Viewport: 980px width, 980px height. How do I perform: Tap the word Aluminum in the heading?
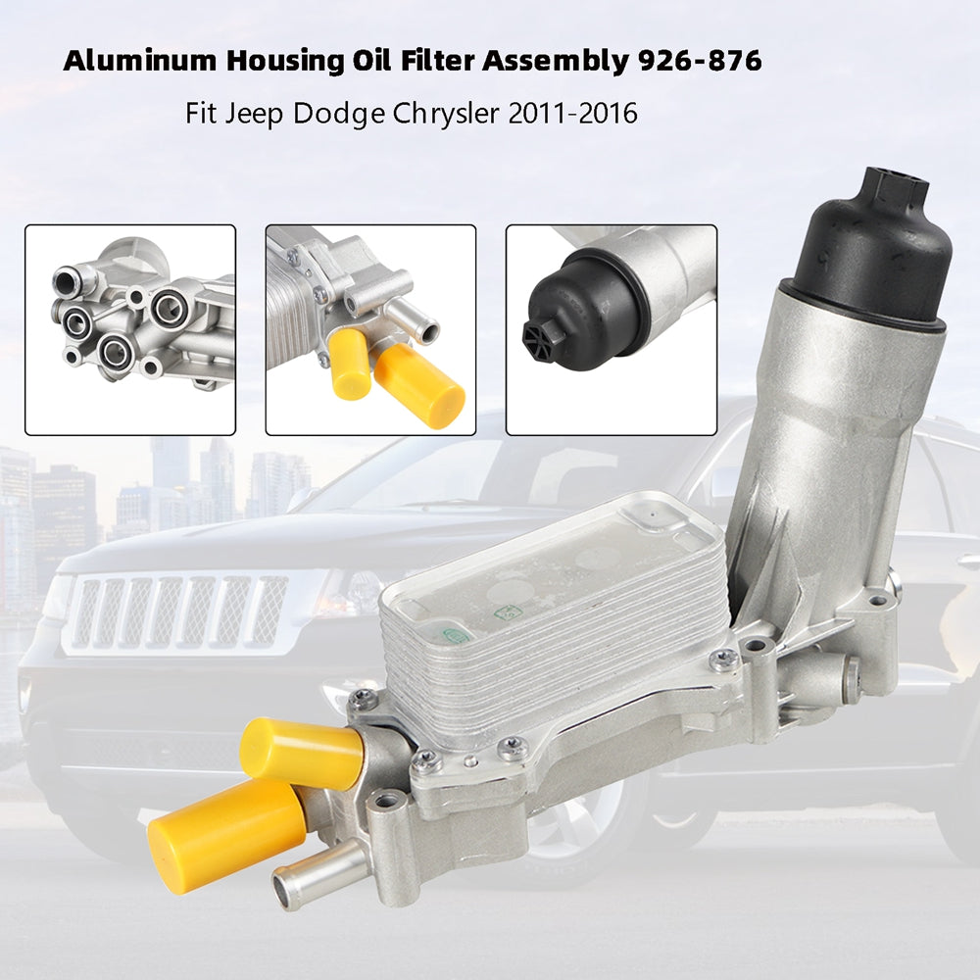pyautogui.click(x=141, y=62)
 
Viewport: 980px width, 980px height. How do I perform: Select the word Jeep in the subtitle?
pyautogui.click(x=253, y=114)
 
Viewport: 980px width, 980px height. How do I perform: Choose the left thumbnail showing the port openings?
pyautogui.click(x=130, y=329)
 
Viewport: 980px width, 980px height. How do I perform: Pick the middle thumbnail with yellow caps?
pyautogui.click(x=370, y=329)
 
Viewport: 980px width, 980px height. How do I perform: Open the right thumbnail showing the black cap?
pyautogui.click(x=611, y=329)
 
